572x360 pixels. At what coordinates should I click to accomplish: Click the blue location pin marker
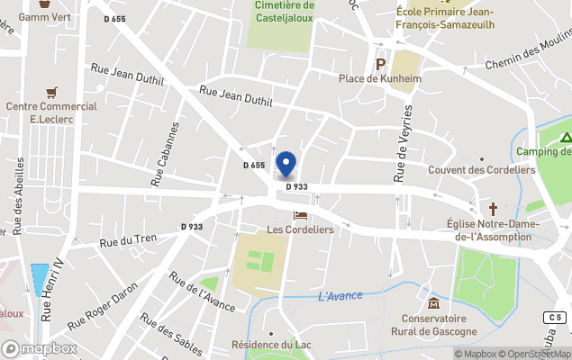coord(286,164)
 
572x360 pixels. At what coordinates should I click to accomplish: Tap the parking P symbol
coord(380,64)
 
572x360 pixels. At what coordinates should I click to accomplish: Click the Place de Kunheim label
coord(379,78)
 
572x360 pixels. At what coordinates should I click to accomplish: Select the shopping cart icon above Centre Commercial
coord(51,92)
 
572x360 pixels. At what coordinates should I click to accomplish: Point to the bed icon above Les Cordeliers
coord(301,215)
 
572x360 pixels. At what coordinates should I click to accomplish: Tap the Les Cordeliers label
coord(301,229)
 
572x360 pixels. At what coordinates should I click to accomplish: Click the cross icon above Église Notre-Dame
coord(492,208)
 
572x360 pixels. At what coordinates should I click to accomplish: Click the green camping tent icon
coord(565,138)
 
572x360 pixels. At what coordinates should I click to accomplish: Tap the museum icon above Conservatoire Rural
coord(433,302)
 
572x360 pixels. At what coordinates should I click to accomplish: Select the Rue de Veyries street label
coord(404,142)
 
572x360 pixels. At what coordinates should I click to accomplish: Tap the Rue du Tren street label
coord(128,240)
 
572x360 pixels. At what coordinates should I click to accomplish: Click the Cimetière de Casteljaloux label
coord(284,13)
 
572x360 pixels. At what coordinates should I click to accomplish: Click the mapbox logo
coord(39,348)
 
